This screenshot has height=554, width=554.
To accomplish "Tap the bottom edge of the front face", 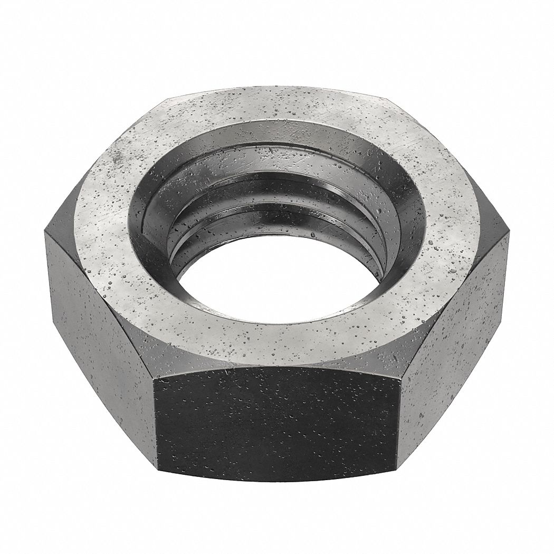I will tap(274, 477).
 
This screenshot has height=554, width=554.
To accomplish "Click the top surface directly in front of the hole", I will tap(274, 343).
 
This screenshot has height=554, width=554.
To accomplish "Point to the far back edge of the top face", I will tap(274, 88).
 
